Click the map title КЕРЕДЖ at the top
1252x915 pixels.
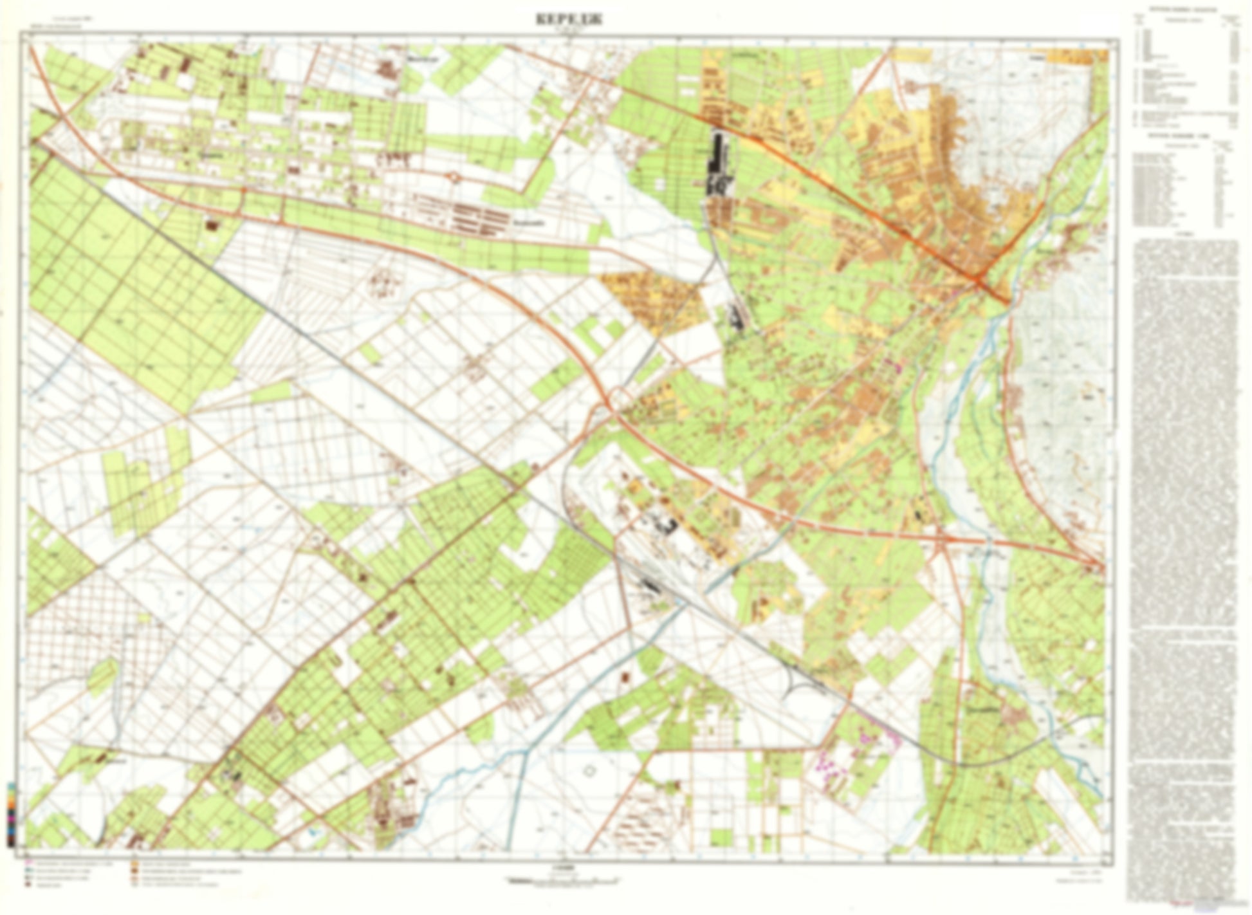(x=569, y=19)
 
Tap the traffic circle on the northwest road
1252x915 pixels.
(x=454, y=177)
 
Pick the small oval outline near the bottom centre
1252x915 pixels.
(x=589, y=769)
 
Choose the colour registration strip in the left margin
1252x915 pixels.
(x=11, y=814)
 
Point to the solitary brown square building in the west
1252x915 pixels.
(x=210, y=225)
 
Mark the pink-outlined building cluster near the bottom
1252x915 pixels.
(x=830, y=766)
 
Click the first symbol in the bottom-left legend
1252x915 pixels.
(x=29, y=864)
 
